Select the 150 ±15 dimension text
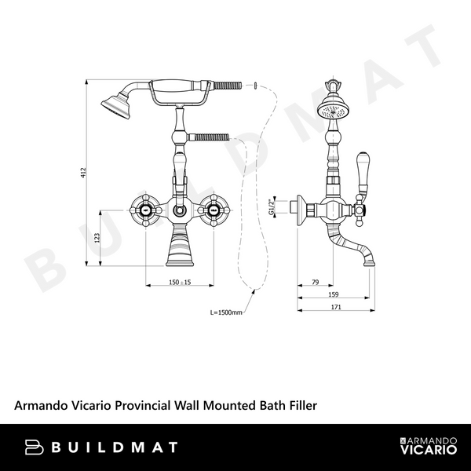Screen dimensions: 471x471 181,282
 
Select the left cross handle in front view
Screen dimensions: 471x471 147,210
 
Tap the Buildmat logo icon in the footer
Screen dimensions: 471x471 35,447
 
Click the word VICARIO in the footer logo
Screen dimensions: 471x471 427,453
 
